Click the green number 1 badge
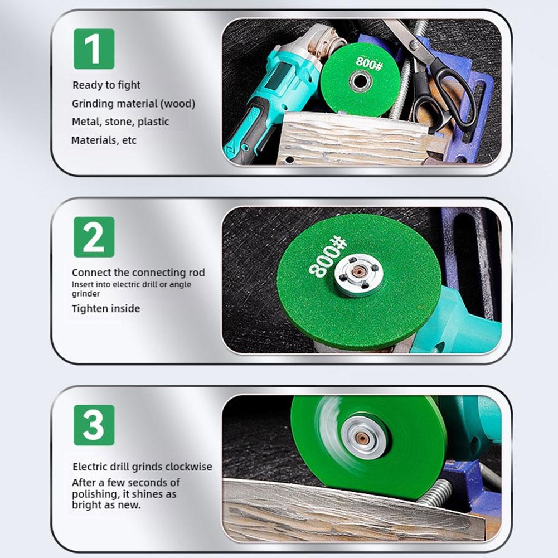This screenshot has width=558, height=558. pyautogui.click(x=94, y=48)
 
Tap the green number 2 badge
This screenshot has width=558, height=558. pyautogui.click(x=94, y=237)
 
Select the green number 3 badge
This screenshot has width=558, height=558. pyautogui.click(x=94, y=425)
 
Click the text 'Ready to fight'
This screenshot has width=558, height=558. pyautogui.click(x=106, y=85)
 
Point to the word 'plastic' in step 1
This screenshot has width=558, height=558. pyautogui.click(x=153, y=122)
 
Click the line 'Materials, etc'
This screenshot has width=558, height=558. pyautogui.click(x=104, y=140)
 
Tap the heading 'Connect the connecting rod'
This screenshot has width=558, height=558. pyautogui.click(x=138, y=273)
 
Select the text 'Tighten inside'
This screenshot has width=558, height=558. pyautogui.click(x=106, y=308)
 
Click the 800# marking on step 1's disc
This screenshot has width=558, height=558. pyautogui.click(x=370, y=64)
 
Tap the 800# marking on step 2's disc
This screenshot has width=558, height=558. pyautogui.click(x=327, y=258)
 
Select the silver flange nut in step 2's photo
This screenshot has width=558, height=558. pyautogui.click(x=359, y=275)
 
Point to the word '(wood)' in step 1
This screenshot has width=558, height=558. pyautogui.click(x=178, y=104)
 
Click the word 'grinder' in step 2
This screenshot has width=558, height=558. pyautogui.click(x=86, y=294)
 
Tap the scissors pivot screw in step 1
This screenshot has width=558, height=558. pyautogui.click(x=413, y=45)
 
